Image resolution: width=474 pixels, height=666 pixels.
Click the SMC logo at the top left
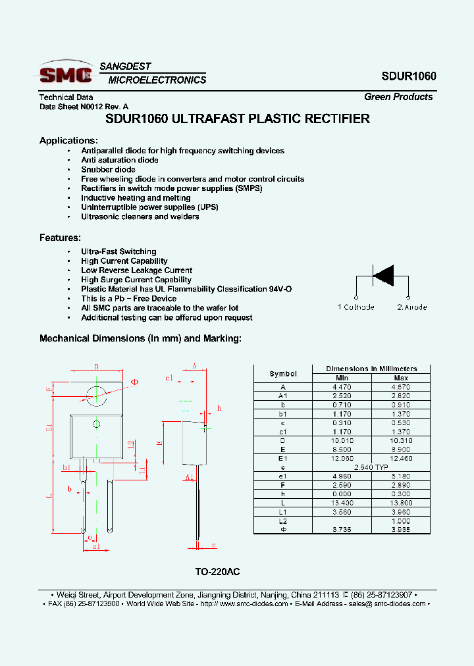65,72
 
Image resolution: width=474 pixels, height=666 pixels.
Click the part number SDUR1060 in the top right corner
408,76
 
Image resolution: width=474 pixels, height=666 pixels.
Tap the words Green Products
398,97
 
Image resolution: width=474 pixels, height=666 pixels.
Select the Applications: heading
68,140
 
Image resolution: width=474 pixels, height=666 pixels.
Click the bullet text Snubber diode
108,169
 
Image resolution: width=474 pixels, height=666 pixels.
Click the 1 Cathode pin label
356,307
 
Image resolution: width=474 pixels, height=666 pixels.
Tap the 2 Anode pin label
412,307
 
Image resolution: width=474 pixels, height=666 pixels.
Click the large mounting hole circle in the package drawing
97,394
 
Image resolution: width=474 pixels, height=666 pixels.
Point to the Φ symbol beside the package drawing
135,382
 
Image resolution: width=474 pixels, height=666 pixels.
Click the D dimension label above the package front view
96,367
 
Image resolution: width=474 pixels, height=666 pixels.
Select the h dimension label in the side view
219,408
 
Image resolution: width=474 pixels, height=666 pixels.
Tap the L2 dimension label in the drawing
131,444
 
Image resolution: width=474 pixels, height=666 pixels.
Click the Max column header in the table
400,378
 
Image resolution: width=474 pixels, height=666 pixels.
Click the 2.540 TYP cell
371,467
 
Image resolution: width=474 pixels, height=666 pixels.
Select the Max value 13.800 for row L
400,502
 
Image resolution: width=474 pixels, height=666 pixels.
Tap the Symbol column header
283,373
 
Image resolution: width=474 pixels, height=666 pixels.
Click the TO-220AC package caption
213,573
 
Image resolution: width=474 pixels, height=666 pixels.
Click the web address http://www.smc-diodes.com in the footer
244,603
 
